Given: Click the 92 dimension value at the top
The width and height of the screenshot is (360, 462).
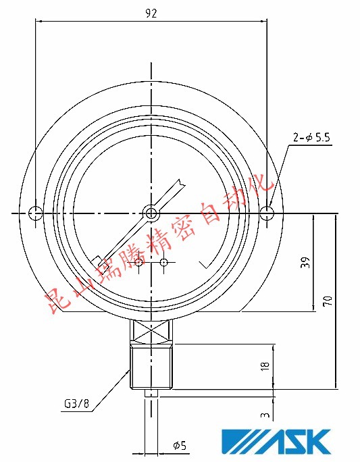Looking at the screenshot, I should [151, 13].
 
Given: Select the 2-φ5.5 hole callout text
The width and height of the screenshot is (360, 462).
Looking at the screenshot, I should [311, 138].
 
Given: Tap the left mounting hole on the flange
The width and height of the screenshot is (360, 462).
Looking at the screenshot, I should [36, 213].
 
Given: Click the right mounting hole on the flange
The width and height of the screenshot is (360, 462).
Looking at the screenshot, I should [268, 213].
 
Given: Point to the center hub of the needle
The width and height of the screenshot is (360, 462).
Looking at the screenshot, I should [151, 213].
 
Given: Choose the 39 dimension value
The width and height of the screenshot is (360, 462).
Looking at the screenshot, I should [305, 263].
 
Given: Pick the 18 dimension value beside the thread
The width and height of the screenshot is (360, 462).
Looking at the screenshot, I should [265, 365].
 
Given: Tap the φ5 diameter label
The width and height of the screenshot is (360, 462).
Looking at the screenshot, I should [179, 445].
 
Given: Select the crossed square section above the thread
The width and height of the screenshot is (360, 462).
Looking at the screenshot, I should [151, 331].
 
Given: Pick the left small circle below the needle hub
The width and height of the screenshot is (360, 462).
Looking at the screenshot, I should [138, 262].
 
